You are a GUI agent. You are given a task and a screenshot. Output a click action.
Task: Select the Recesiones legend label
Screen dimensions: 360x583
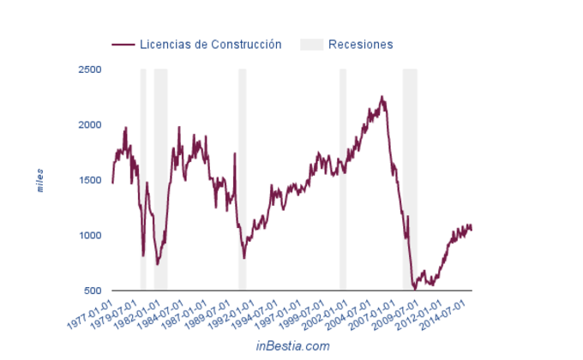coord(361,44)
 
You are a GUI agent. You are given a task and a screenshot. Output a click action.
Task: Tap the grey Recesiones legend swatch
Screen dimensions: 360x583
coord(311,44)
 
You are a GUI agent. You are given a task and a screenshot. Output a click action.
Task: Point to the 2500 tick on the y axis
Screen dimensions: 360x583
coord(89,69)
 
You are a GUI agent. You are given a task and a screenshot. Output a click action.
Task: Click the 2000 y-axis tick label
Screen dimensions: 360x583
coord(89,125)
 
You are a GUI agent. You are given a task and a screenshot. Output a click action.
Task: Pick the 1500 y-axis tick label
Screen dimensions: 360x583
coord(89,180)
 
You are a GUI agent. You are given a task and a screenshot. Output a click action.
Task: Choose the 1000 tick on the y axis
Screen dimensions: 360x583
coord(89,236)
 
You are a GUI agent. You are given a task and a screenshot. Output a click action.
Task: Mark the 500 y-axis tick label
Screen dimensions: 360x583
coord(93,291)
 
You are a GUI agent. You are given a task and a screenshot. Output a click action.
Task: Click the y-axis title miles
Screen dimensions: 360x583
coord(40,180)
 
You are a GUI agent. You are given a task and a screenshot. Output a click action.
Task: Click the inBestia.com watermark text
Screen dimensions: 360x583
coord(292,345)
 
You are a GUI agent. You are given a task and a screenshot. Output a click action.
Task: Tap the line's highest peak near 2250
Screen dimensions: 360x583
coord(382,97)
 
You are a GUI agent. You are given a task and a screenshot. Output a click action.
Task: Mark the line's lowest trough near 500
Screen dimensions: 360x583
coord(415,289)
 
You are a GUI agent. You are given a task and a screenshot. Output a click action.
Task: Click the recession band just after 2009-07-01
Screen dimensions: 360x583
coord(410,180)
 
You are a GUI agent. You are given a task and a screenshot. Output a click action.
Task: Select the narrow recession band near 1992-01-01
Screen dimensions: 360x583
coord(243,180)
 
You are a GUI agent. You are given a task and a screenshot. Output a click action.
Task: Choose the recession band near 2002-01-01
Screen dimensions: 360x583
coord(343,180)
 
